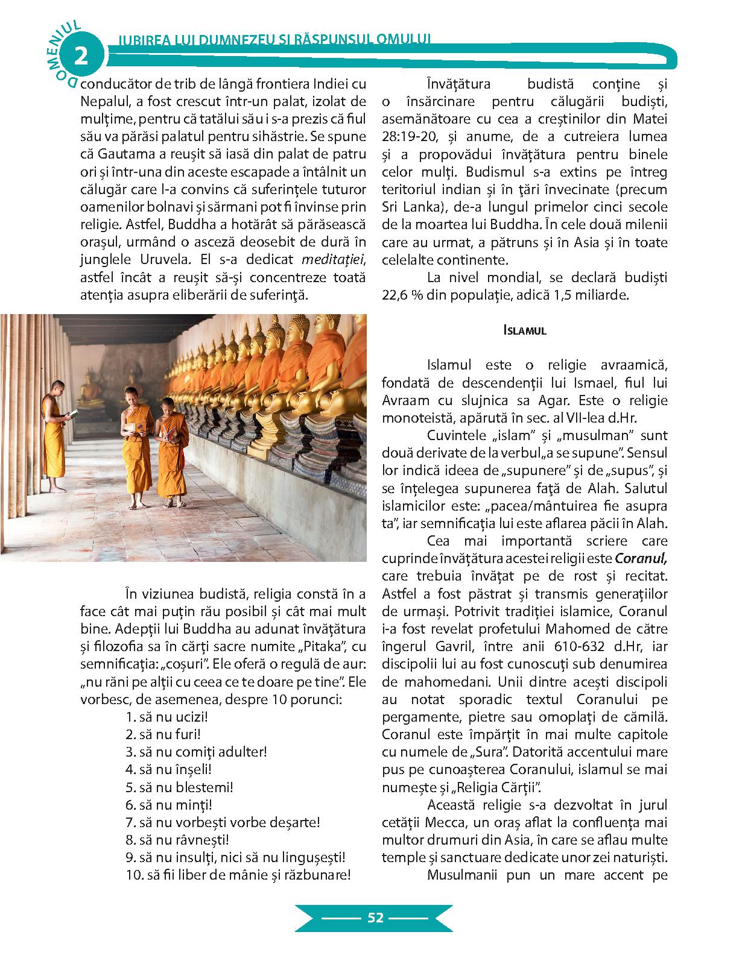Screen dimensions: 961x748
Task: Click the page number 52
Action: click(x=375, y=918)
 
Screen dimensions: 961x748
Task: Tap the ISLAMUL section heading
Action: click(x=525, y=330)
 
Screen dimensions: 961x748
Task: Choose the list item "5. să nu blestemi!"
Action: click(x=179, y=787)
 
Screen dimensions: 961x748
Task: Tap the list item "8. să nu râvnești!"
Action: click(x=177, y=840)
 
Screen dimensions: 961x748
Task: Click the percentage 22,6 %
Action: click(x=402, y=295)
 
